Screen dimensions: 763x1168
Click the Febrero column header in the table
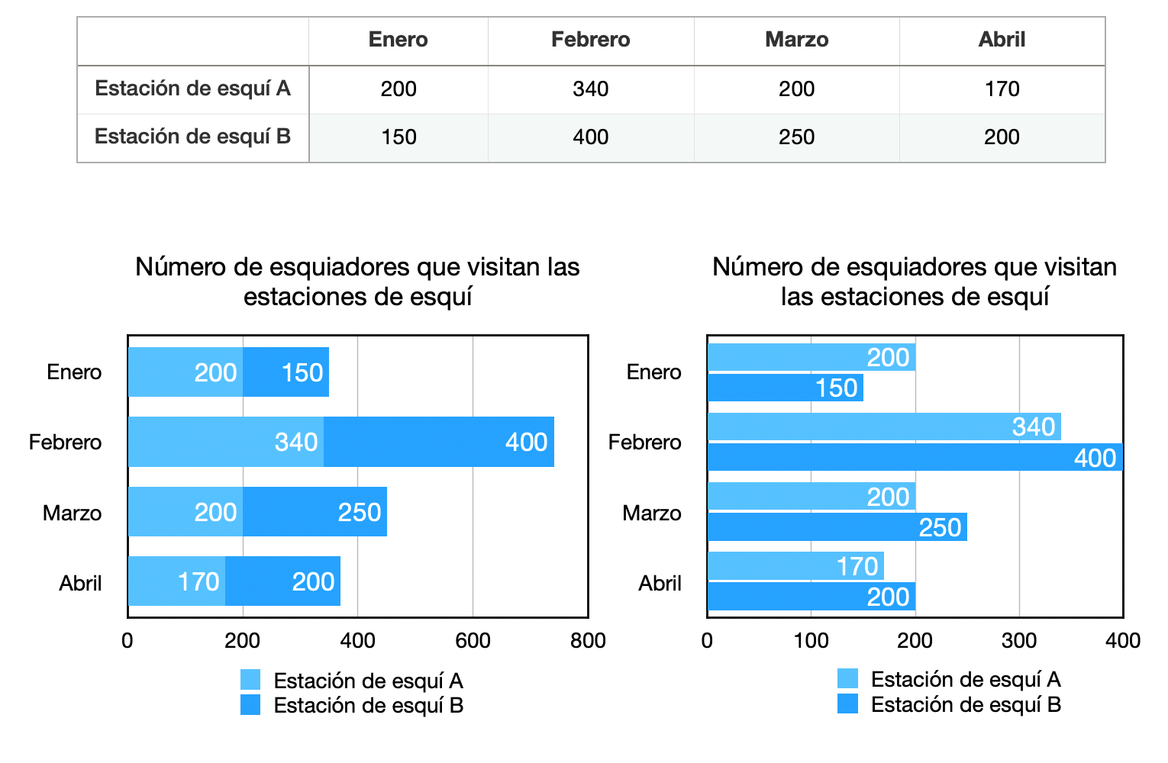(x=590, y=40)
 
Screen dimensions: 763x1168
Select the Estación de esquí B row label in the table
(x=192, y=137)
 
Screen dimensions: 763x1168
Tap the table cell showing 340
(x=590, y=89)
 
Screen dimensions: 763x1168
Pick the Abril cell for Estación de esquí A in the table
(x=1002, y=89)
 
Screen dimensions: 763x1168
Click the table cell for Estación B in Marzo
(x=796, y=137)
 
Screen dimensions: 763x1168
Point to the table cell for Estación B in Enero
(x=398, y=137)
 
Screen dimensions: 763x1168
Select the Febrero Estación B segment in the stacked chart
(x=439, y=442)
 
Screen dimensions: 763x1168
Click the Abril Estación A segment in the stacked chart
(x=176, y=581)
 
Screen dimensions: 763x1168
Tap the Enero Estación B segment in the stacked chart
(x=286, y=372)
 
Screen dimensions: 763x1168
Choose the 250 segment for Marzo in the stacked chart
(x=315, y=512)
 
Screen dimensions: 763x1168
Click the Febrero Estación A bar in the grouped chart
(x=884, y=427)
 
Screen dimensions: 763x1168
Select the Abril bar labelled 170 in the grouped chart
(x=795, y=566)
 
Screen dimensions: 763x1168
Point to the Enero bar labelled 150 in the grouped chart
(x=785, y=388)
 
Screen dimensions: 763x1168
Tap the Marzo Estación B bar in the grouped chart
(x=837, y=527)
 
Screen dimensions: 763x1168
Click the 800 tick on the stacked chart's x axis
(x=588, y=641)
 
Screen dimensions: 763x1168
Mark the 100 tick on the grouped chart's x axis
(x=811, y=641)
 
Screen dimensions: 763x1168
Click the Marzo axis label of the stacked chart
(x=72, y=513)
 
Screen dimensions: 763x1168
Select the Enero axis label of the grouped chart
(x=653, y=372)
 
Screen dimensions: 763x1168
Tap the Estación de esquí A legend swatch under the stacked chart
(x=250, y=680)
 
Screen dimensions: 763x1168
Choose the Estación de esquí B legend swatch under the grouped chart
(x=847, y=703)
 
